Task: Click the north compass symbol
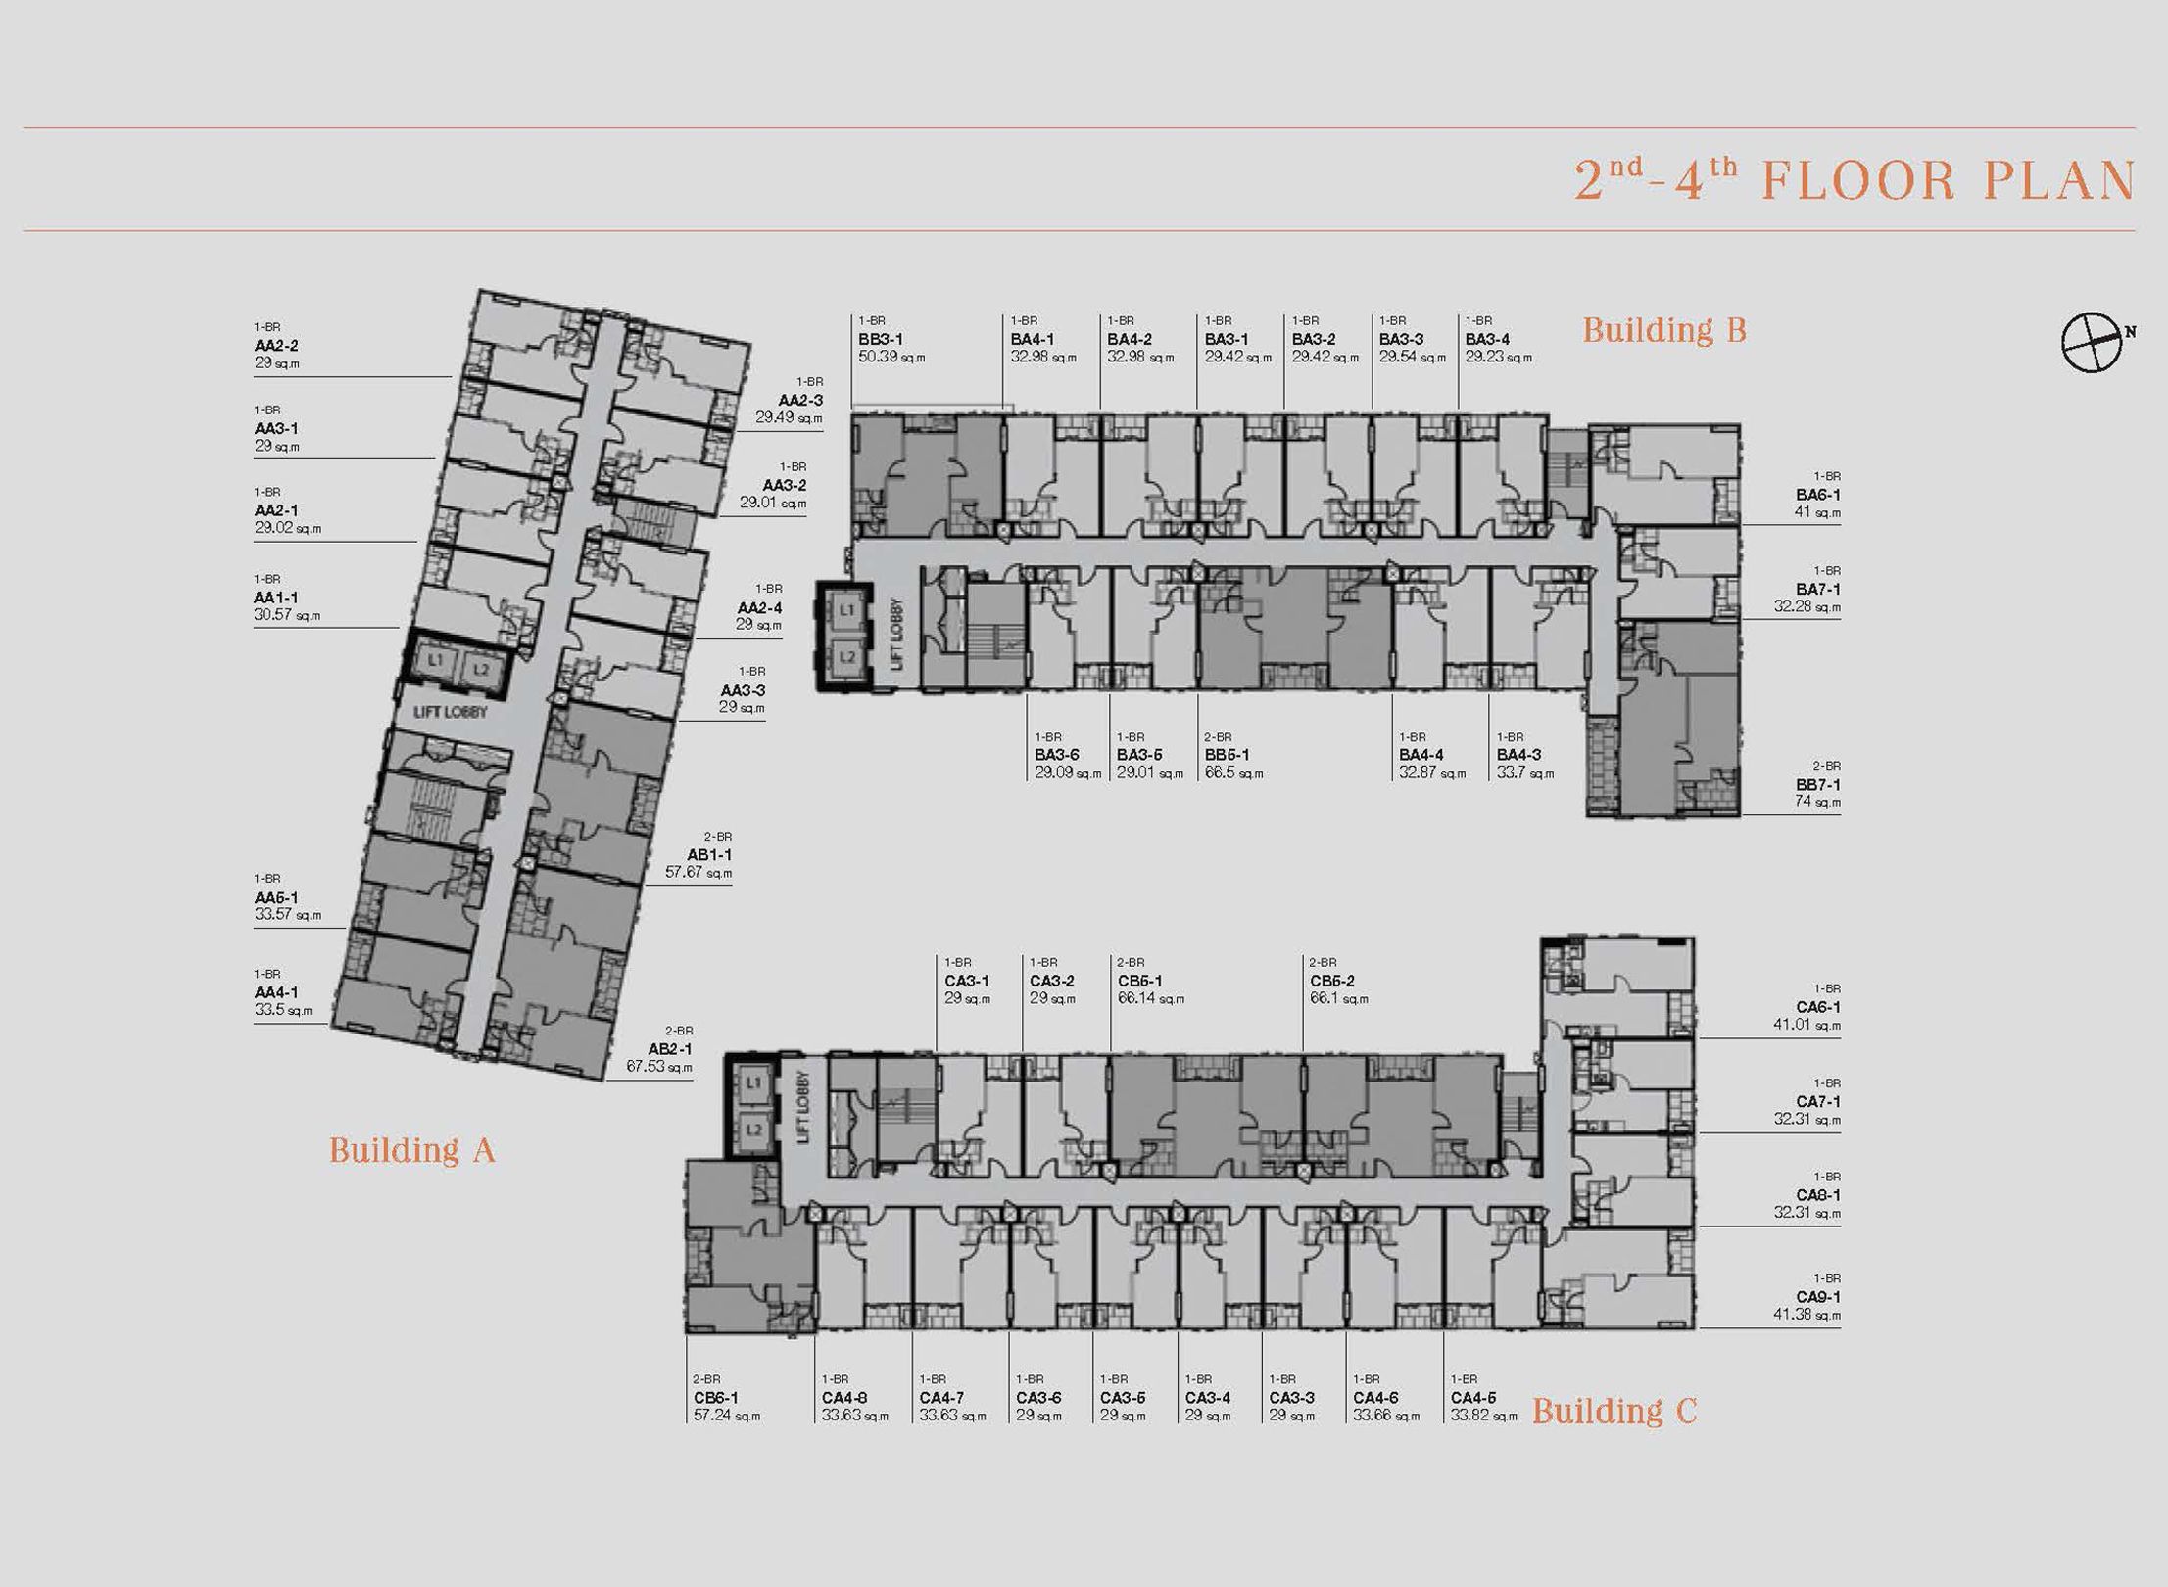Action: click(x=2094, y=343)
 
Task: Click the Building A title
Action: click(x=411, y=1149)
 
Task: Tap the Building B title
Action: click(x=1664, y=330)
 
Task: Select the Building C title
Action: click(x=1614, y=1411)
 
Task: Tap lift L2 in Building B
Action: click(x=846, y=656)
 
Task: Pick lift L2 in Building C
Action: click(x=753, y=1130)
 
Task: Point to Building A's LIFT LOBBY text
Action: click(x=450, y=712)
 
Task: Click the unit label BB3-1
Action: click(x=881, y=339)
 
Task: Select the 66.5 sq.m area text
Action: click(x=1233, y=773)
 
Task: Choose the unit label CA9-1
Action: click(x=1818, y=1297)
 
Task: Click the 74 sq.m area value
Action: click(x=1817, y=802)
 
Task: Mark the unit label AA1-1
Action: click(x=276, y=598)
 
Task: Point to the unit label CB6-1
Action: click(x=716, y=1398)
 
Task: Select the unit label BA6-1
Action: click(x=1818, y=495)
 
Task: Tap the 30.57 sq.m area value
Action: click(x=287, y=615)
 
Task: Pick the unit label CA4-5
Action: click(x=1473, y=1398)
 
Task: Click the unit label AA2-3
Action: click(x=800, y=400)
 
